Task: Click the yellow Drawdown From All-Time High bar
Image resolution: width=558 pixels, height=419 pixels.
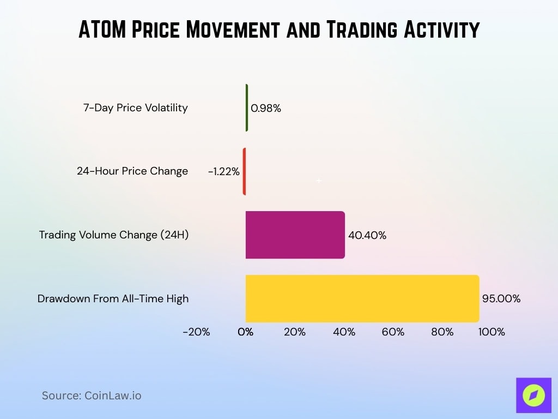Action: (362, 298)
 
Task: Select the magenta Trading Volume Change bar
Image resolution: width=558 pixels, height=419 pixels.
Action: (295, 235)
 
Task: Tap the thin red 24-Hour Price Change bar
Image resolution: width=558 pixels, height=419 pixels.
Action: (244, 171)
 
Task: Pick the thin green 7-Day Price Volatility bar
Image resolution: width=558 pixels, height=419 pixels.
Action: (247, 107)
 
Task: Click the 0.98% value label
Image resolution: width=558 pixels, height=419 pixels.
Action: (266, 108)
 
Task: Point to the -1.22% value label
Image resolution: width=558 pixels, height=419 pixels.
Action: (223, 171)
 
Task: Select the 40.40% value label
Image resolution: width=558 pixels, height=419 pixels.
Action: (367, 235)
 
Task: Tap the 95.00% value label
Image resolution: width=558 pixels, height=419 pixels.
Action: (501, 298)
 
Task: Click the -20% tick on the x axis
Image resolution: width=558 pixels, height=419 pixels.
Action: (196, 332)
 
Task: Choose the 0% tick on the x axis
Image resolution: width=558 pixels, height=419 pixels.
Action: (246, 332)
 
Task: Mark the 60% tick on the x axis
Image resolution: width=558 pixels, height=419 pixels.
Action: (393, 332)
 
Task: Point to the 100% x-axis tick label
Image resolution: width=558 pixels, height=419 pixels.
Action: (492, 332)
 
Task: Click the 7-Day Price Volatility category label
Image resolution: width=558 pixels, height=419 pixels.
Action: (135, 107)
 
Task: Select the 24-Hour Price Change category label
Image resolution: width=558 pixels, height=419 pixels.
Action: (132, 171)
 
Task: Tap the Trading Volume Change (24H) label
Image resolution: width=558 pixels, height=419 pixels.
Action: (113, 235)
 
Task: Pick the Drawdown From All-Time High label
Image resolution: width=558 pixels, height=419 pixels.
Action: (113, 298)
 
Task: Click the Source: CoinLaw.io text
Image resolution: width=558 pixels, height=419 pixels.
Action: (92, 396)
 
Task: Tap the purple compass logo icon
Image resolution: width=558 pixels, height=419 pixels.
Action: (533, 395)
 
